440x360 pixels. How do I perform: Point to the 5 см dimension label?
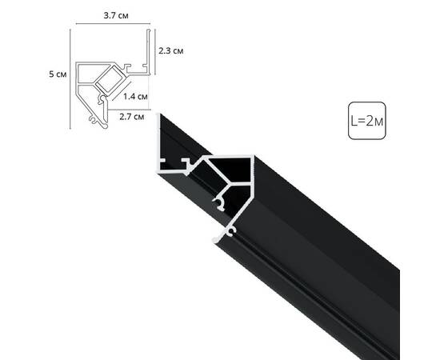(57, 74)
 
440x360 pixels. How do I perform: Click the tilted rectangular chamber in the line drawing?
(106, 82)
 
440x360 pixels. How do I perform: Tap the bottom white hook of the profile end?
(229, 233)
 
